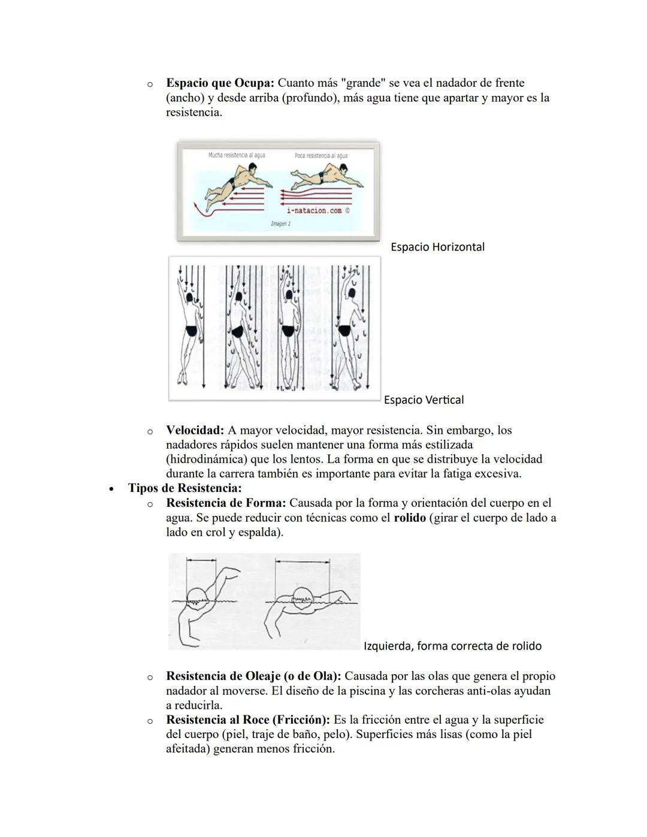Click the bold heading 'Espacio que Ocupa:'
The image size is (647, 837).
click(220, 83)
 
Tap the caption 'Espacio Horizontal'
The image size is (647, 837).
click(437, 247)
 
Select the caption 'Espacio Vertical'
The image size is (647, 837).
click(424, 400)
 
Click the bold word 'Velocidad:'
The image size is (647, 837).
click(195, 430)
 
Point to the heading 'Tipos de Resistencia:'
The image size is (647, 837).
click(185, 488)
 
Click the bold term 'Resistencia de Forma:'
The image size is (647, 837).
click(226, 503)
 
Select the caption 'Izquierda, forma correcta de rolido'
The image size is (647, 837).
click(452, 646)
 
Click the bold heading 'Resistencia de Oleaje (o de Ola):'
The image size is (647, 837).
click(253, 676)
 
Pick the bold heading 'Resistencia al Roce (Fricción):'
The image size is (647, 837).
click(247, 720)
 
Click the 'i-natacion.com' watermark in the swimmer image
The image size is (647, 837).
click(315, 210)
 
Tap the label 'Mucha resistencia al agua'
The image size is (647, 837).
click(236, 155)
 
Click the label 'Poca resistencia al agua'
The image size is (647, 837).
click(321, 156)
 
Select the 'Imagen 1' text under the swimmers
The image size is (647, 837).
click(280, 223)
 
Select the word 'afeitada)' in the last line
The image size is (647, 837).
click(188, 749)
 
